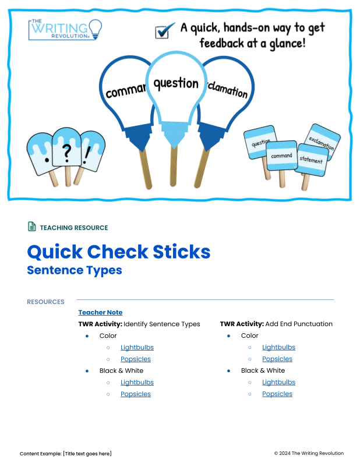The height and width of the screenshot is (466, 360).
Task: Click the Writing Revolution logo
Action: (x=65, y=30)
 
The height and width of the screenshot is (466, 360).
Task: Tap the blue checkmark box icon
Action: (x=164, y=31)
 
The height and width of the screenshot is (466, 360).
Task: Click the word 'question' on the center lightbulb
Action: (x=176, y=84)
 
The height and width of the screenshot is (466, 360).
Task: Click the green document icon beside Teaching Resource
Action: (x=32, y=227)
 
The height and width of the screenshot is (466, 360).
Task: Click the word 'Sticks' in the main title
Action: (x=182, y=252)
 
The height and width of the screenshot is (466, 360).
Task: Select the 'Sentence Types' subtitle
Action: (x=75, y=270)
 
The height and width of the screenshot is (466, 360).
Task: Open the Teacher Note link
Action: (x=100, y=312)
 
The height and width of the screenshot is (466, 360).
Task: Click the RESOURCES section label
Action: (x=45, y=302)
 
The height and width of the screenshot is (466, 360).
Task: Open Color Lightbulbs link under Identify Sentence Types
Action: (x=137, y=347)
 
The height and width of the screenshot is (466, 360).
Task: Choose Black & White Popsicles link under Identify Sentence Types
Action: (x=136, y=394)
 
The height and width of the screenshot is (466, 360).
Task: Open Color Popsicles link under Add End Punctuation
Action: (x=277, y=359)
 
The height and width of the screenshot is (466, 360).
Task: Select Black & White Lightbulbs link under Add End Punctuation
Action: (x=278, y=382)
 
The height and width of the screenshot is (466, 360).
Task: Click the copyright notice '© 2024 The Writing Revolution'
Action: (x=309, y=453)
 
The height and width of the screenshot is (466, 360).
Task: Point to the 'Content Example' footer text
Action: (x=66, y=454)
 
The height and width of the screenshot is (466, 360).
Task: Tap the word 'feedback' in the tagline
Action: (x=222, y=43)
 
